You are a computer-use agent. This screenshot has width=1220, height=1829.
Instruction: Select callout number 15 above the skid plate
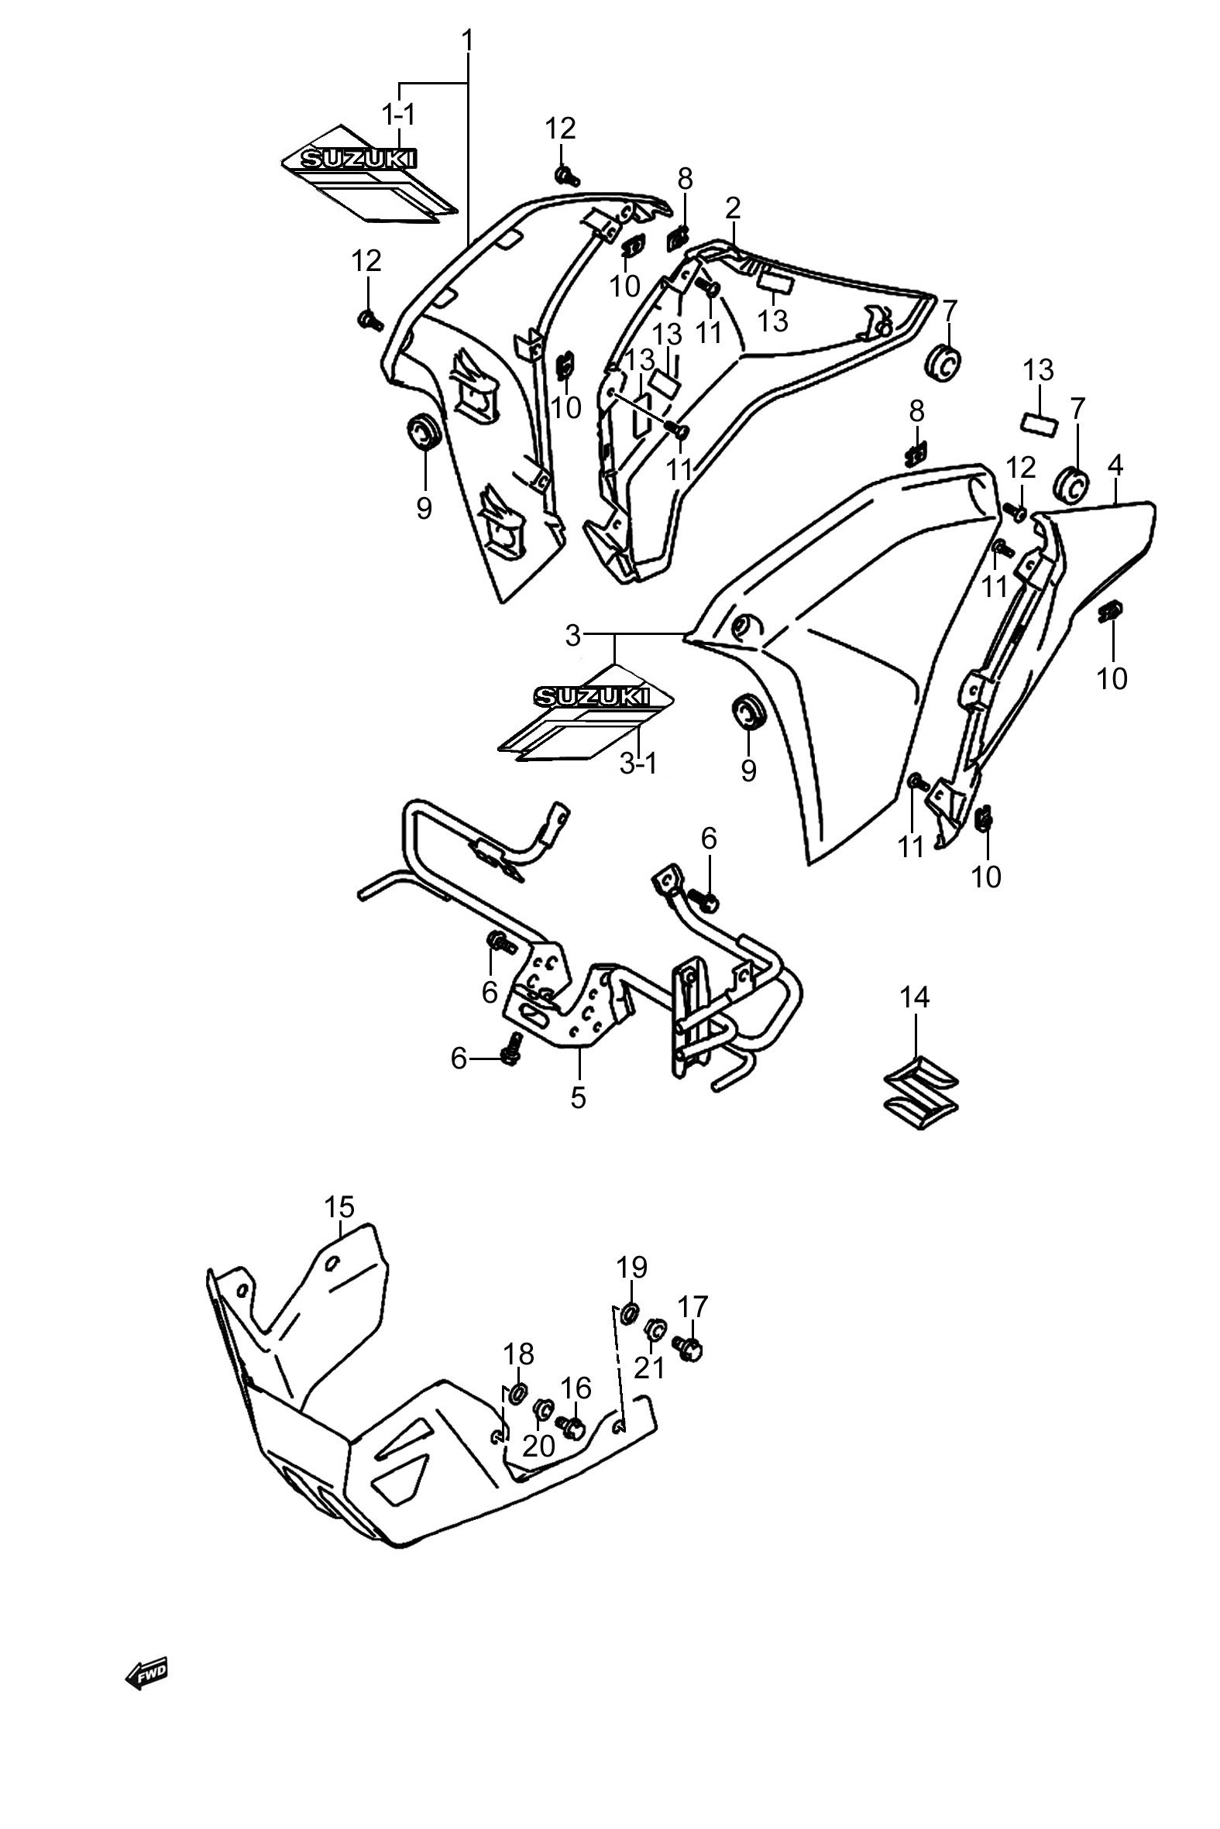(339, 1208)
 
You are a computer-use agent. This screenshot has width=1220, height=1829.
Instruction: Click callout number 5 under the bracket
(578, 1097)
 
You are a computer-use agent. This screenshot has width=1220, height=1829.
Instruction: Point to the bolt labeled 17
(686, 1348)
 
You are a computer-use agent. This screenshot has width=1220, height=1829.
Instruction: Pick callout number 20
(538, 1446)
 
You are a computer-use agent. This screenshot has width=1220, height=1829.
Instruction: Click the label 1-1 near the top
(398, 115)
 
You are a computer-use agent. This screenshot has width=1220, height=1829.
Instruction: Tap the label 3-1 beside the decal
(639, 764)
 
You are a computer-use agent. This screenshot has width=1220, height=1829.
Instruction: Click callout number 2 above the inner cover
(733, 208)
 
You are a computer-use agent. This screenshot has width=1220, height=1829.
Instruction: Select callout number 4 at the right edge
(1115, 466)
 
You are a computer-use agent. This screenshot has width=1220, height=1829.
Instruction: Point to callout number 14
(915, 997)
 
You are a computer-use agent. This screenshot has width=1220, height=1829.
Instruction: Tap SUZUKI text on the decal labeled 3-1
(590, 696)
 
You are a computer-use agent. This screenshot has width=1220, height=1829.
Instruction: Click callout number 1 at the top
(467, 40)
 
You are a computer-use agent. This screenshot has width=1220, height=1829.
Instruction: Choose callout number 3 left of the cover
(573, 636)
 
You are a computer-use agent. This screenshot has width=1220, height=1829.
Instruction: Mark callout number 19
(632, 1268)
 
